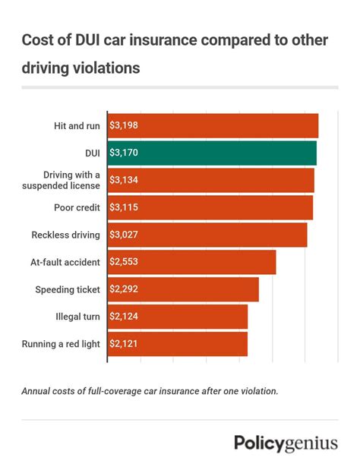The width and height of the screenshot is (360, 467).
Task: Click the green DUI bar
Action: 212,153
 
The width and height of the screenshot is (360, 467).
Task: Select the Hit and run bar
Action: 213,125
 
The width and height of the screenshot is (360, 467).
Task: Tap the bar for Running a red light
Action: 178,344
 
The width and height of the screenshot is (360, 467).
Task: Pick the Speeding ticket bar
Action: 183,289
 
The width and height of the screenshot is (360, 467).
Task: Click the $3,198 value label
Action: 124,125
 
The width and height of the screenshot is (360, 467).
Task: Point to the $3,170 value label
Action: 124,153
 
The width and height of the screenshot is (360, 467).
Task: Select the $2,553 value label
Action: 124,262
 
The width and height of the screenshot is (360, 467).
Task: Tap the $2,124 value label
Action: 124,317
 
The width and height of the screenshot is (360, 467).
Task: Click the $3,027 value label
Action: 124,235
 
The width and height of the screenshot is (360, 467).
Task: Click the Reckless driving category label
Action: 65,235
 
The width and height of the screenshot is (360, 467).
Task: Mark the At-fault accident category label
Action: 66,262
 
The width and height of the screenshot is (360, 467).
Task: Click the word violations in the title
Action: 103,68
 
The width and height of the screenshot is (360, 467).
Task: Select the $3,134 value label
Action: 124,180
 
